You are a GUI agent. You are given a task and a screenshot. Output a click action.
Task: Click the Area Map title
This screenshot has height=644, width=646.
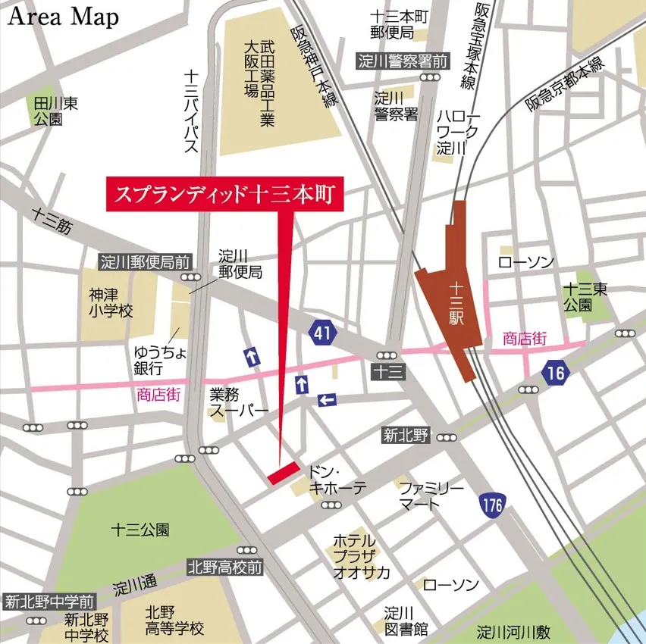tap(64, 18)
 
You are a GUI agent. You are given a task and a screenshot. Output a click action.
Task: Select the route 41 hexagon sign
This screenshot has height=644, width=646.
tap(322, 330)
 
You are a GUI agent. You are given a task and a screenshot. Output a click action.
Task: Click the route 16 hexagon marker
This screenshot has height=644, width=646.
tap(556, 372)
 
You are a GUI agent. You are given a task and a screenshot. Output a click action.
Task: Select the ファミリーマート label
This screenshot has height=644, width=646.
tap(431, 496)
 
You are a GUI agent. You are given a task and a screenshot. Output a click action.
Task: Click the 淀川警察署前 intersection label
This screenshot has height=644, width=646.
tap(403, 61)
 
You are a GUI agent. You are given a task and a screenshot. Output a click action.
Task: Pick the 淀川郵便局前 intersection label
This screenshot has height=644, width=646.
tap(146, 262)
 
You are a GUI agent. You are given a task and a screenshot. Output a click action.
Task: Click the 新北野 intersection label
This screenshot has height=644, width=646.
tap(406, 435)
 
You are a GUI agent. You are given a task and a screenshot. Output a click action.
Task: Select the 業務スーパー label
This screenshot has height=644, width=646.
tap(239, 402)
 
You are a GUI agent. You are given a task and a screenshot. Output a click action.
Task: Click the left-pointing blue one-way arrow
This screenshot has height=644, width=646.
tap(327, 399)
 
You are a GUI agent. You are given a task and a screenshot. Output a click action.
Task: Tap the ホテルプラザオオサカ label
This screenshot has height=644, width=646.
tap(361, 557)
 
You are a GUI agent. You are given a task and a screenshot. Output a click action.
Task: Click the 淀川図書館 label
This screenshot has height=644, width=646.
tap(406, 621)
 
